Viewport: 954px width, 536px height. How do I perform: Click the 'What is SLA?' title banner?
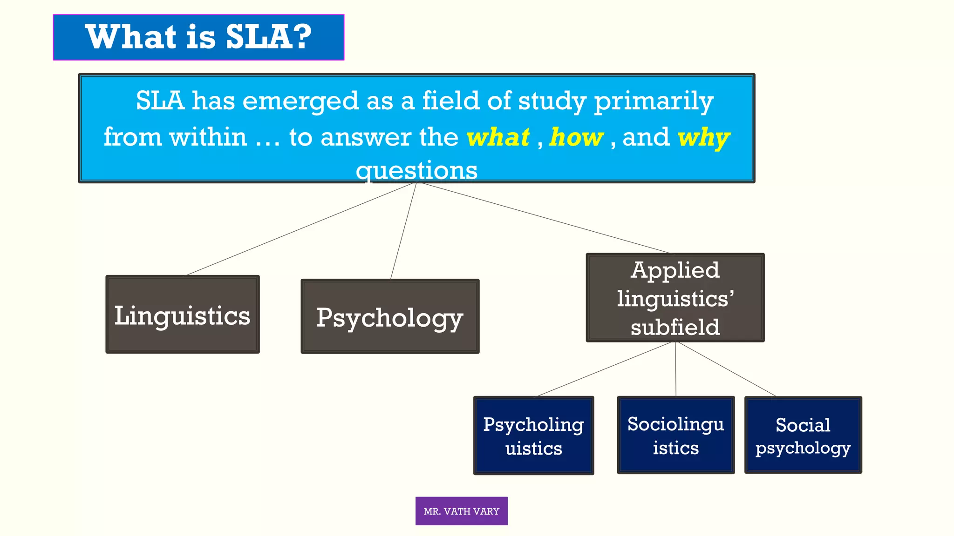pyautogui.click(x=198, y=37)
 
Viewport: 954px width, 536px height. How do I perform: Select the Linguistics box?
pyautogui.click(x=183, y=315)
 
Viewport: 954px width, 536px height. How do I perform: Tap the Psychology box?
pyautogui.click(x=390, y=316)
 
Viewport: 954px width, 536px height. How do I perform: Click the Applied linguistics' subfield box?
pyautogui.click(x=675, y=298)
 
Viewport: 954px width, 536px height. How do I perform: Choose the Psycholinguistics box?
pyautogui.click(x=533, y=435)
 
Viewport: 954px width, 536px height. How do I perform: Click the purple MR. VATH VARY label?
pyautogui.click(x=461, y=511)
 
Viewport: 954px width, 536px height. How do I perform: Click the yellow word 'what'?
pyautogui.click(x=498, y=137)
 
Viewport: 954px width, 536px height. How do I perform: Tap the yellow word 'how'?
pyautogui.click(x=576, y=137)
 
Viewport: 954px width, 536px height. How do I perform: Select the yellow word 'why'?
pyautogui.click(x=704, y=138)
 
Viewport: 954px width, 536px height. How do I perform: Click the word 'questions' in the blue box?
pyautogui.click(x=416, y=170)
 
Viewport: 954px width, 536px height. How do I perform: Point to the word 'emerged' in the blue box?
pyautogui.click(x=301, y=101)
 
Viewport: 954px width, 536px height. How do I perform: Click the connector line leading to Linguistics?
pyautogui.click(x=300, y=229)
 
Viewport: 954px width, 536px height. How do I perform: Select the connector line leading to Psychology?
pyautogui.click(x=403, y=231)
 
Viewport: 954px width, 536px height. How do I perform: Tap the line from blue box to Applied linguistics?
pyautogui.click(x=545, y=218)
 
